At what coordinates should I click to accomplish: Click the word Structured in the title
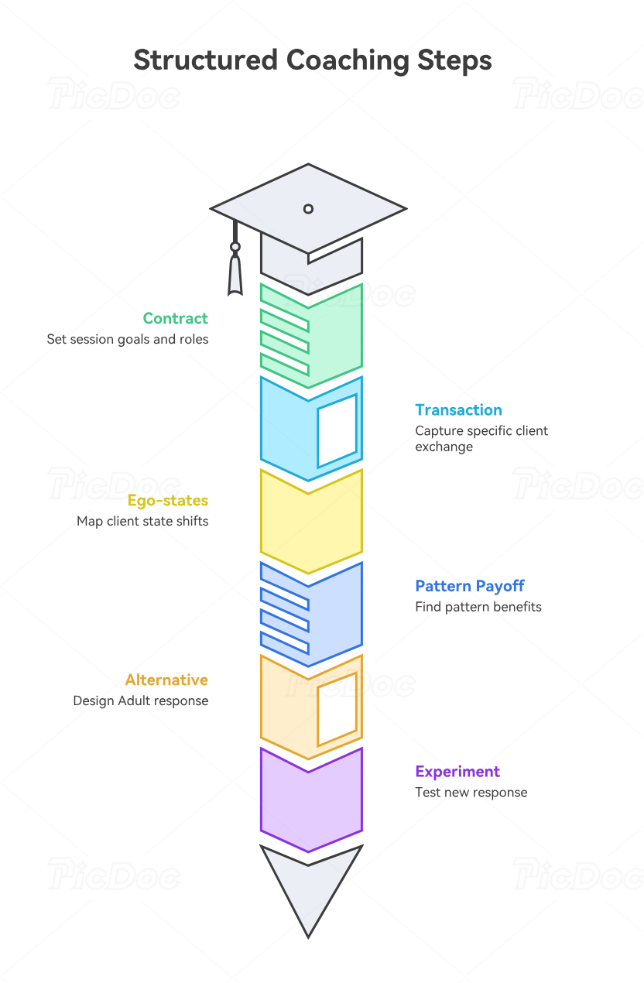205,60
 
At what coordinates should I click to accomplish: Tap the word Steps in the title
454,60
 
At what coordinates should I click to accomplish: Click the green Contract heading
175,318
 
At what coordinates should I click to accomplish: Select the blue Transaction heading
459,410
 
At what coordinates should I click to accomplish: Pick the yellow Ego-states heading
168,501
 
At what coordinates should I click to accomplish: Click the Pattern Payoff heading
470,586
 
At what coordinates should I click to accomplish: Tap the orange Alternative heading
167,680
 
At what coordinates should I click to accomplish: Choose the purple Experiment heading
457,772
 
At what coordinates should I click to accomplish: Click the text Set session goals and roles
128,339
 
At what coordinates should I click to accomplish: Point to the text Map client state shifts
142,521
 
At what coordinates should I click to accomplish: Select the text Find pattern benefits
478,607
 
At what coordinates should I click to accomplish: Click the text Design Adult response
140,700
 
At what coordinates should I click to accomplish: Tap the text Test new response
471,793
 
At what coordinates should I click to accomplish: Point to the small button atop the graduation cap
308,209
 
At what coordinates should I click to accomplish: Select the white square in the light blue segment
337,431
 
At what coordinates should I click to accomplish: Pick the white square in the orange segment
337,709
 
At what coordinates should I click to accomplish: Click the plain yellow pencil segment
311,522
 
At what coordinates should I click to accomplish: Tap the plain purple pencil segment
311,800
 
